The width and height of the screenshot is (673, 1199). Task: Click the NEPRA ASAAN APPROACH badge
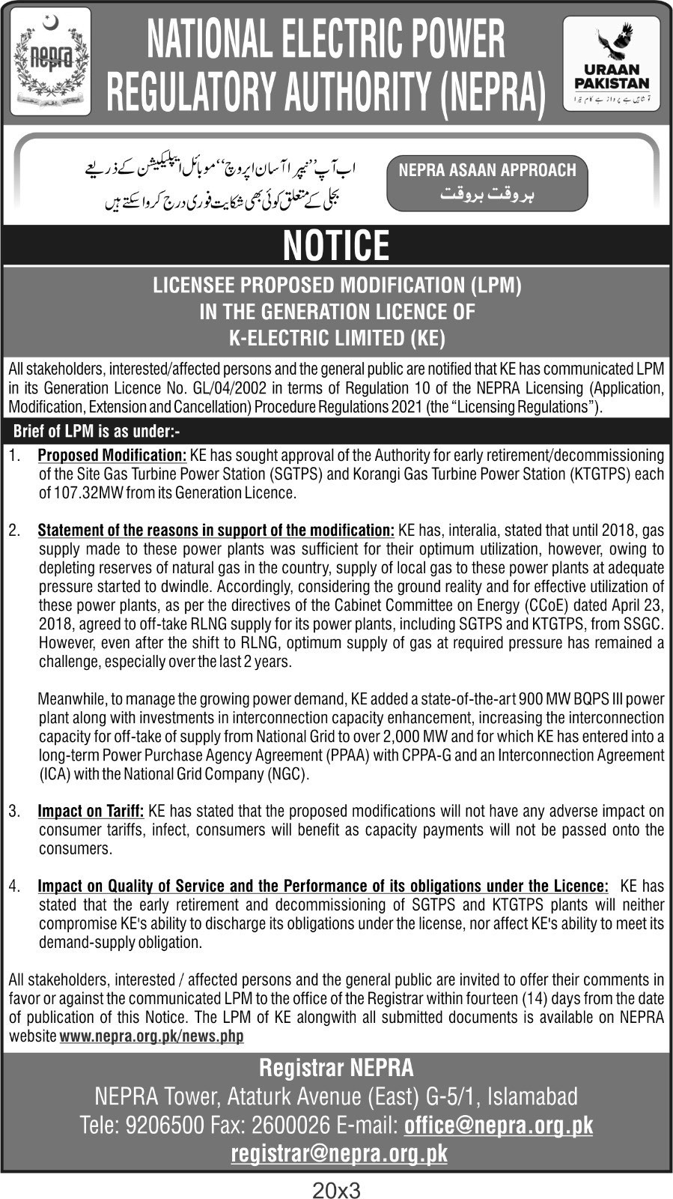487,183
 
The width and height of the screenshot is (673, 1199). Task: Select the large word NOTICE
336,245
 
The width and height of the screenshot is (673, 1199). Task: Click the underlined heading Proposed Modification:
112,455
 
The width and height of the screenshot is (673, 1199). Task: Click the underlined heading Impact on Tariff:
91,811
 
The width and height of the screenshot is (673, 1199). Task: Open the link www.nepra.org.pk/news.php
151,1036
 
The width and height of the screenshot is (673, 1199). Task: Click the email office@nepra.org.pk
498,1125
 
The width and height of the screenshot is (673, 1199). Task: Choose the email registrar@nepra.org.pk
339,1153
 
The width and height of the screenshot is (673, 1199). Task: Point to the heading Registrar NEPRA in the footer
336,1068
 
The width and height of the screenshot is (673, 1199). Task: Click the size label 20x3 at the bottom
336,1189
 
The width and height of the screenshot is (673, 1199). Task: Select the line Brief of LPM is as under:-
97,432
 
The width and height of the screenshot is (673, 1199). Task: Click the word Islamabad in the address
533,1096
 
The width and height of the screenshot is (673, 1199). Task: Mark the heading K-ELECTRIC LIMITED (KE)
336,339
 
